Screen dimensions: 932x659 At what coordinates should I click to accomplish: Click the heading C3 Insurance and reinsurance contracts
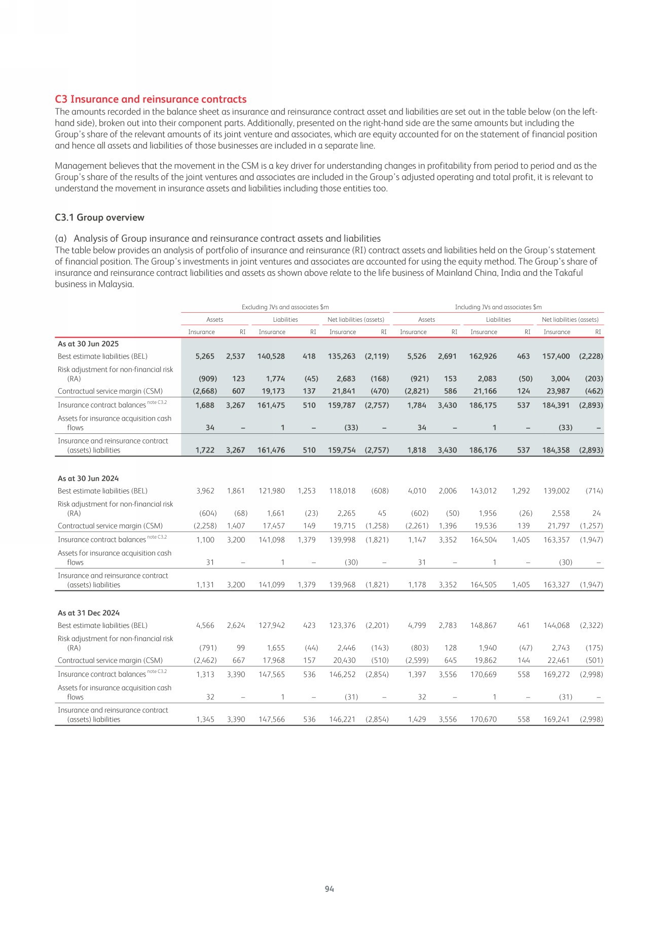click(x=151, y=99)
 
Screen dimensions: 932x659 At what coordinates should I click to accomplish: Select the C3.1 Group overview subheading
click(x=99, y=217)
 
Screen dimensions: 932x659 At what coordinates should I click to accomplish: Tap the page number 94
click(x=329, y=888)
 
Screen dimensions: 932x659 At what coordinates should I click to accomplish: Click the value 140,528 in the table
click(x=271, y=356)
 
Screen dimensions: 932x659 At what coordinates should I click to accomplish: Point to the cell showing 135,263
click(x=342, y=356)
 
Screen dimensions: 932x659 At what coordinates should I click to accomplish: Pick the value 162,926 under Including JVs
click(x=483, y=356)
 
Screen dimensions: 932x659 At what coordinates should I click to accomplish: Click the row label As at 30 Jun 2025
click(x=88, y=344)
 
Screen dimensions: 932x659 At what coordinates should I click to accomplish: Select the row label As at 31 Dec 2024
click(x=89, y=613)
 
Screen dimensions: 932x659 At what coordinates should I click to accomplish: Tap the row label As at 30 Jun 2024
click(x=88, y=478)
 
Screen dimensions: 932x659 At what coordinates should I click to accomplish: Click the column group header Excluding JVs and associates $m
click(x=285, y=307)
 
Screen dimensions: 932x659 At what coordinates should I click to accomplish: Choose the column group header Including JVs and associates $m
click(x=498, y=307)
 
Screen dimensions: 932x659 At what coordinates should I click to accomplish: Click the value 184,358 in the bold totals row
click(x=556, y=450)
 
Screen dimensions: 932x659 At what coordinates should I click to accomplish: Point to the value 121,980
click(x=272, y=491)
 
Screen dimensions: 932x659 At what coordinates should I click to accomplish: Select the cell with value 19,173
click(x=272, y=391)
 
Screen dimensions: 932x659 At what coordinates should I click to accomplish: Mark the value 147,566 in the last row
click(x=272, y=719)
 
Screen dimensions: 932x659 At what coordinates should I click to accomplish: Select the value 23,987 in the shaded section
click(x=557, y=391)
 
